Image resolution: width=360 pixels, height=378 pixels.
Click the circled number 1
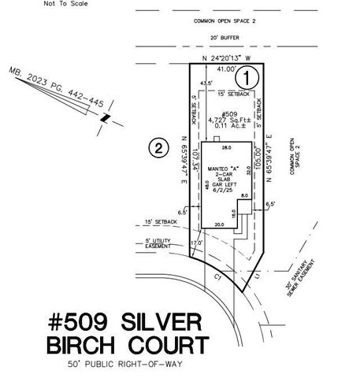[x=247, y=77]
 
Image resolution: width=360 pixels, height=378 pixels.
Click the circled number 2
[x=159, y=147]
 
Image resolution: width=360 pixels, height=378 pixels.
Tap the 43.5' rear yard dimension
[x=206, y=83]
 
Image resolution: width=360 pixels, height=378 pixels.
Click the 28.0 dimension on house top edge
[x=226, y=147]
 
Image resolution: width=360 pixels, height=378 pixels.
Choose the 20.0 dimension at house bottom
[x=219, y=224]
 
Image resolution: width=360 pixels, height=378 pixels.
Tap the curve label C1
[x=218, y=276]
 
